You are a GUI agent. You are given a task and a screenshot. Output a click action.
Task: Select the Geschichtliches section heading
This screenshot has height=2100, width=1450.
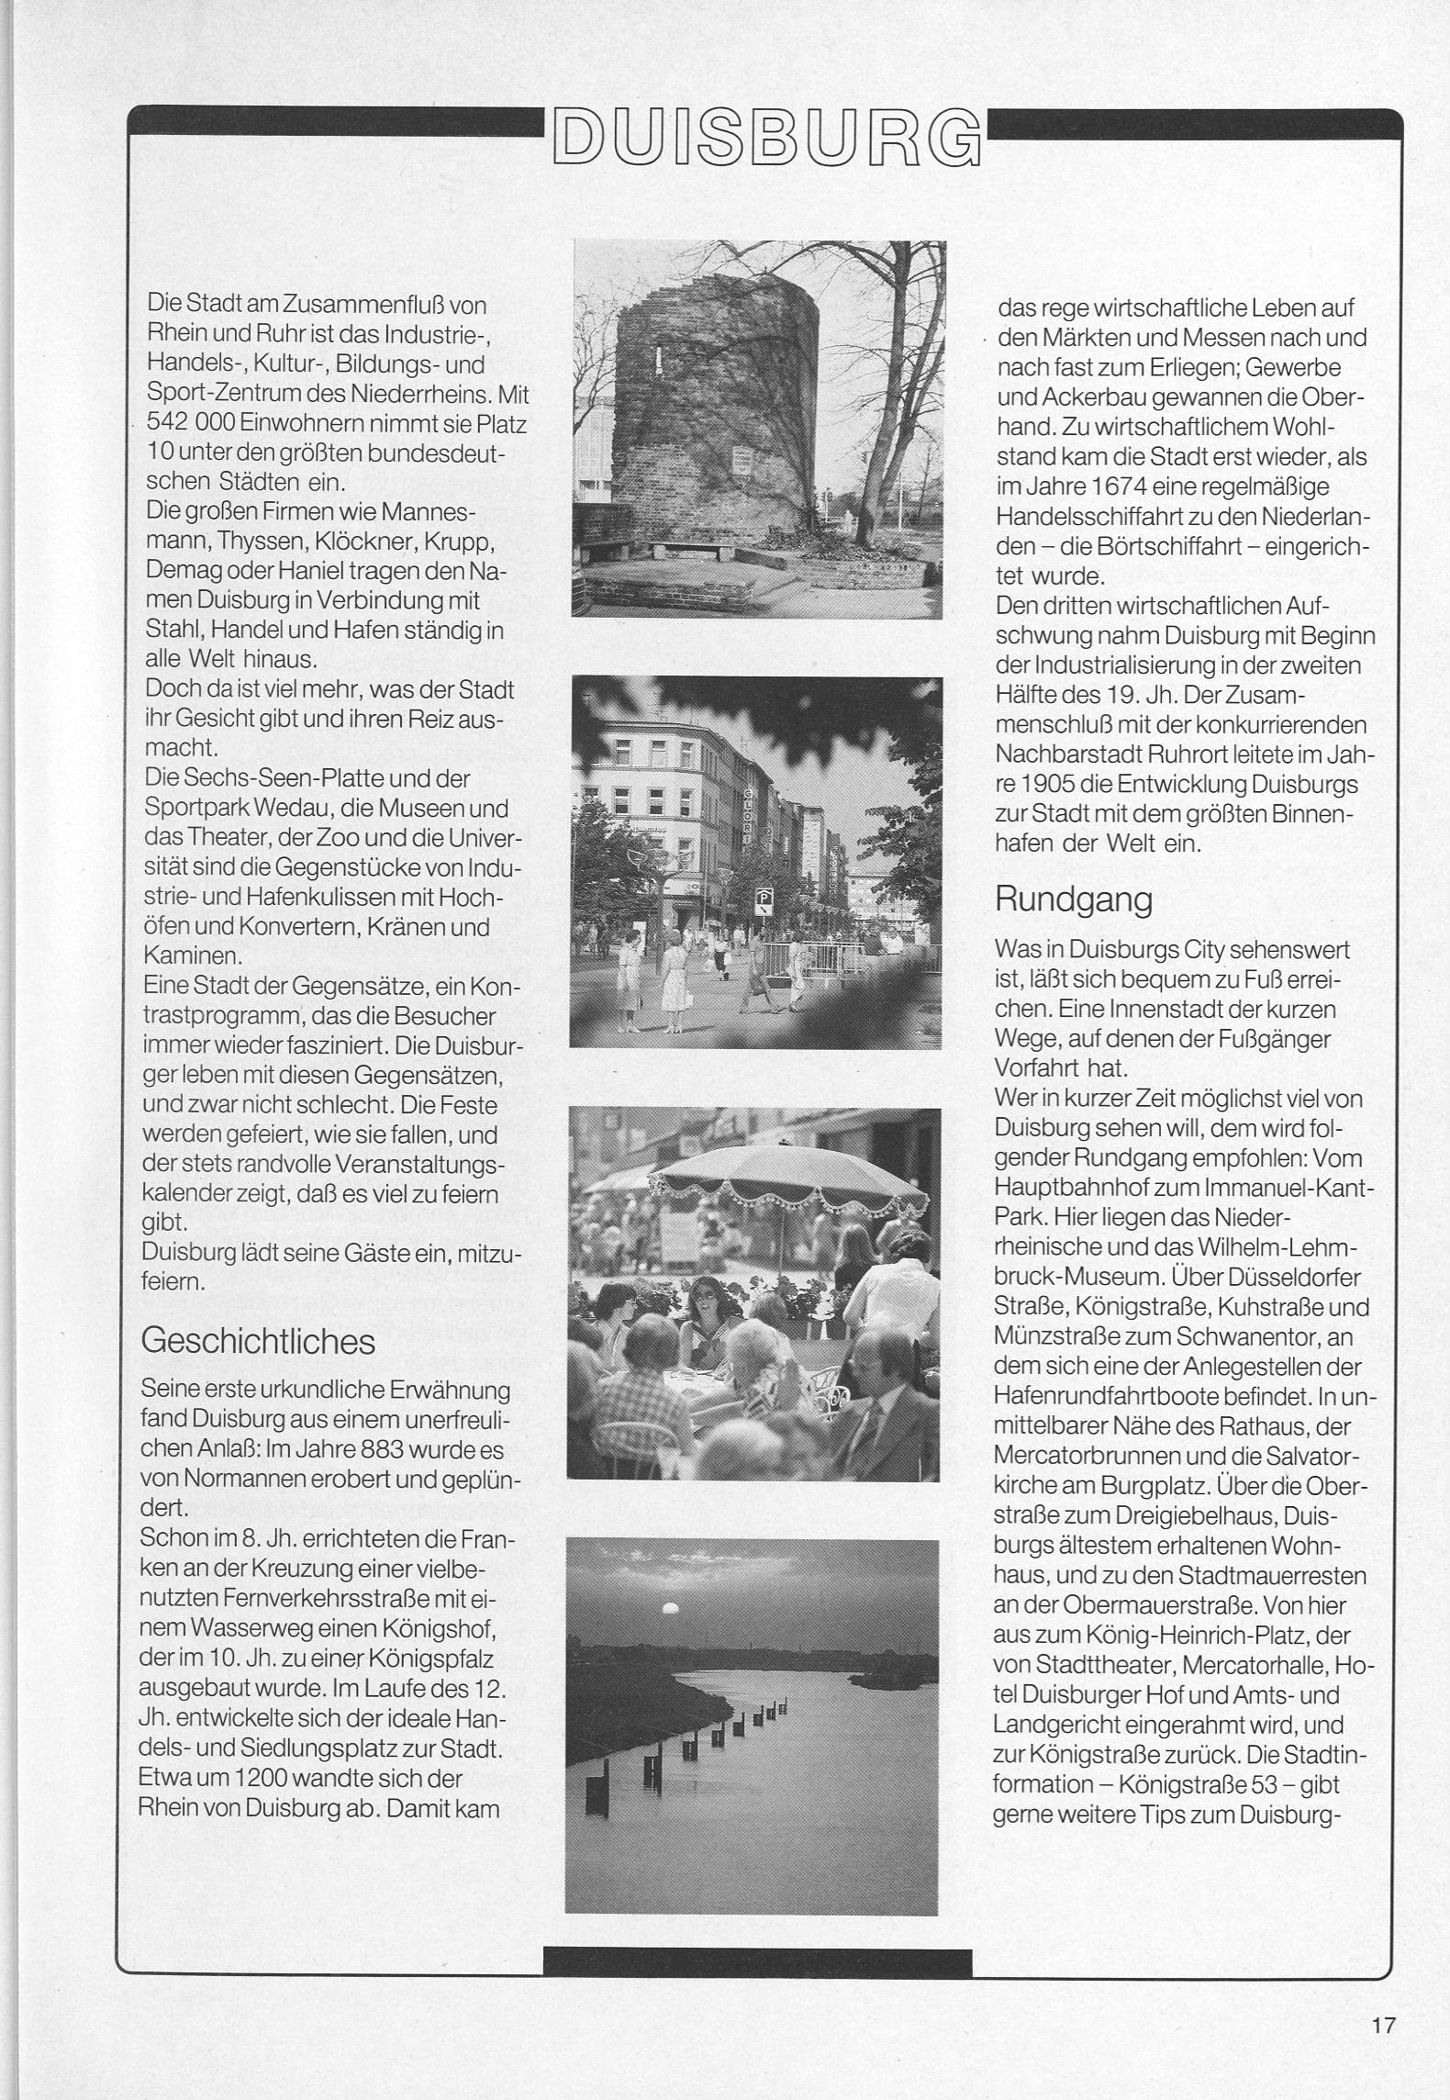258,1342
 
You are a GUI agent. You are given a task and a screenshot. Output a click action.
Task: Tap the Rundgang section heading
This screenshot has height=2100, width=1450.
1073,900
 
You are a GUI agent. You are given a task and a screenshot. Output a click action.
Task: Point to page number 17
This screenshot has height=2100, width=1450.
1384,2019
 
